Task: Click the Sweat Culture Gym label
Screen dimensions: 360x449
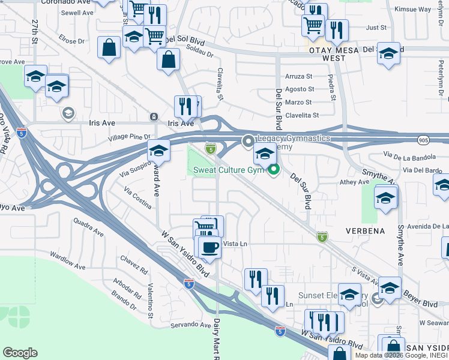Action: pos(228,170)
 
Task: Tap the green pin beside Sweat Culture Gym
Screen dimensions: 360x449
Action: pos(274,170)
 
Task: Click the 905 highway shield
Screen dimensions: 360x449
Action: pos(424,139)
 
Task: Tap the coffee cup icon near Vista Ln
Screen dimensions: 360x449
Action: pos(209,247)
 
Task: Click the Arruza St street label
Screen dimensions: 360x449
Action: pos(299,76)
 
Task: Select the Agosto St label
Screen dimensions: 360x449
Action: pos(299,88)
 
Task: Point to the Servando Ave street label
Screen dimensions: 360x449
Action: pos(190,325)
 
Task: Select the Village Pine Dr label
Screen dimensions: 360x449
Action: pos(128,137)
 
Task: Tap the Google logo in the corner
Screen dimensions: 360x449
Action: pos(20,353)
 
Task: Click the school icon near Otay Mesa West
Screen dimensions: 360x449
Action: pos(388,54)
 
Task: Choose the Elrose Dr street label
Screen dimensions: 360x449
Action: pos(72,41)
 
